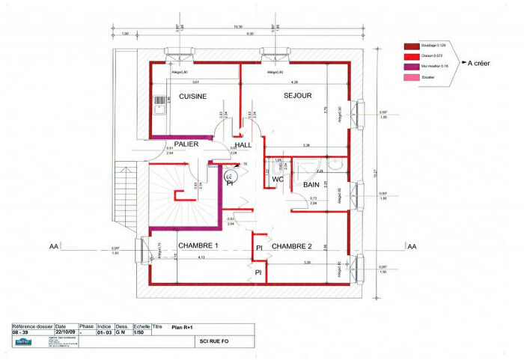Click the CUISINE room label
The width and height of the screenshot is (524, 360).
coord(192,96)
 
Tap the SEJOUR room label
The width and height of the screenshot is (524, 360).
coord(297,96)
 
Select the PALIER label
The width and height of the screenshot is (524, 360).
coord(186,144)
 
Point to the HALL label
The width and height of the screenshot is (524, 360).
coord(243,145)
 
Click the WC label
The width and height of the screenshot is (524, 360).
coord(277,180)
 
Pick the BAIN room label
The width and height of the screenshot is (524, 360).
coord(311,184)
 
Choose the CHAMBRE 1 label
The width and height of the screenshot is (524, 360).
coord(198,245)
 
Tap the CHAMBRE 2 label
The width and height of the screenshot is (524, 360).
coord(291,246)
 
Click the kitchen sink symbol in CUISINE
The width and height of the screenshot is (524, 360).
coord(159,105)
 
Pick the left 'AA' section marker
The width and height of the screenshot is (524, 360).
coord(54,245)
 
